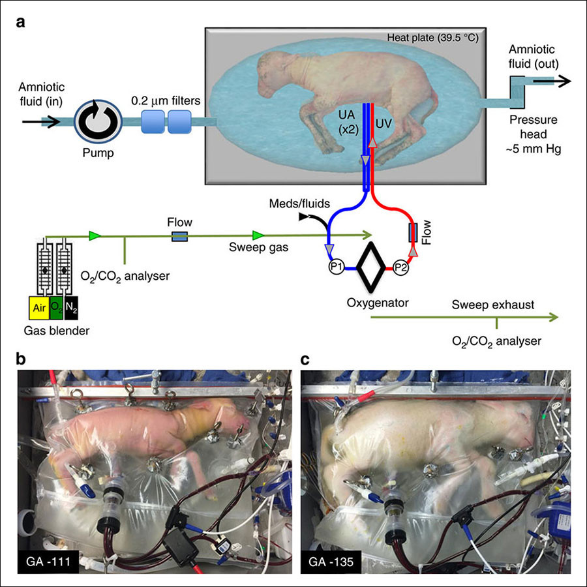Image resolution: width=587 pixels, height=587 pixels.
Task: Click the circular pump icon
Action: [98, 122]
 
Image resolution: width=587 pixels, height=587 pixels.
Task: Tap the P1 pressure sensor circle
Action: [336, 267]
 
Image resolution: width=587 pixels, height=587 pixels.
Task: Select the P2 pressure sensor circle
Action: [400, 267]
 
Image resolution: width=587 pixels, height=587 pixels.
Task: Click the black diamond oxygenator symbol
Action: [371, 267]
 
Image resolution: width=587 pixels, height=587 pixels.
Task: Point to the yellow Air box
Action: [39, 308]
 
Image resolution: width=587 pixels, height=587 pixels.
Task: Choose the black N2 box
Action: [71, 308]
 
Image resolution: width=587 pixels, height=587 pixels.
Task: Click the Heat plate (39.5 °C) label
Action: [432, 38]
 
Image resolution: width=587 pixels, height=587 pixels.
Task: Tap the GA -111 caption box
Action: [48, 562]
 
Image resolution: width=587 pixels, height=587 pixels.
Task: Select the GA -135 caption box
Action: [331, 562]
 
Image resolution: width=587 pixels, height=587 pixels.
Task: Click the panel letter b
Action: [21, 359]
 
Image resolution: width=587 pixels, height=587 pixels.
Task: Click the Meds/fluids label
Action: [299, 203]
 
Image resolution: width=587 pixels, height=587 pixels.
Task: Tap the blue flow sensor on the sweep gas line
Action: [179, 236]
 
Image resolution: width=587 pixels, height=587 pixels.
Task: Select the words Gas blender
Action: [57, 331]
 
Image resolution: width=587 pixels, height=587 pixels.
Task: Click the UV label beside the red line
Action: [384, 123]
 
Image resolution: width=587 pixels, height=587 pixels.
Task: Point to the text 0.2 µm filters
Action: [166, 100]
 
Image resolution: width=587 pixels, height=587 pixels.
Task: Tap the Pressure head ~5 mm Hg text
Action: [534, 134]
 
